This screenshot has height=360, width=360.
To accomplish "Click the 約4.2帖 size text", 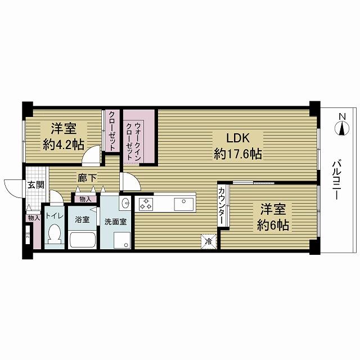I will [63, 144].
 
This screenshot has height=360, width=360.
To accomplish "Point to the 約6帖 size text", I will [274, 225].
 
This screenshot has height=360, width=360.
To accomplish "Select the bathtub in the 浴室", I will [83, 241].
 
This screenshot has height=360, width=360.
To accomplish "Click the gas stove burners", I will [146, 204].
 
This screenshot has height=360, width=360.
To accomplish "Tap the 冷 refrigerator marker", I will [208, 242].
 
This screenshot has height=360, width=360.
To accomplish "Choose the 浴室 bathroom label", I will [83, 219].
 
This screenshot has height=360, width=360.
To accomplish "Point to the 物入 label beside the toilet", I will [33, 218].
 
